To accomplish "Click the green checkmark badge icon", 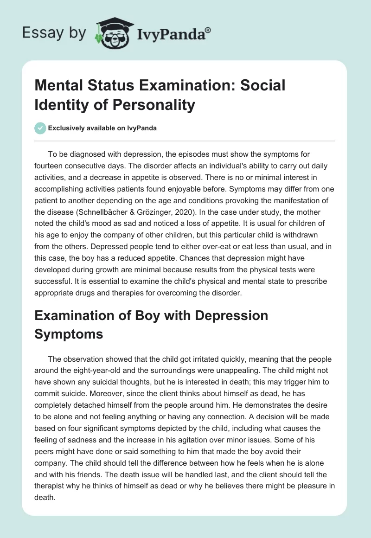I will click(40, 128).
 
